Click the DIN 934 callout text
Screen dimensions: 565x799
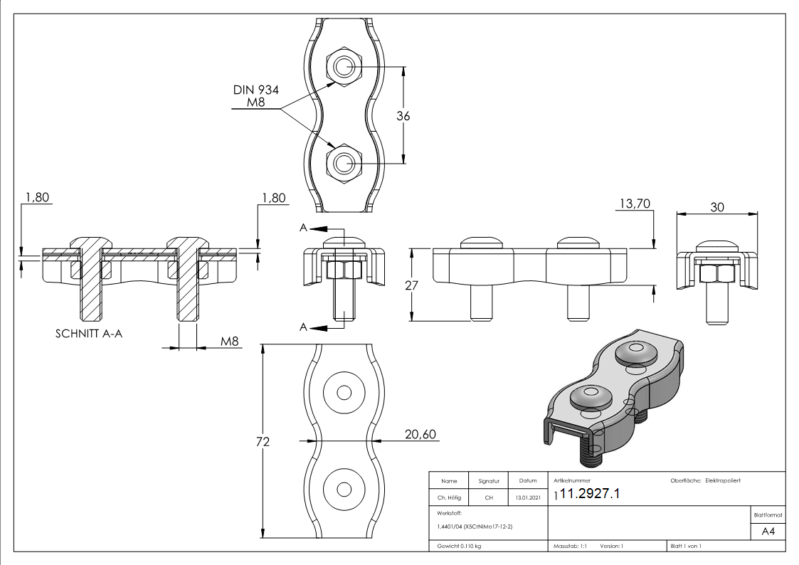(x=255, y=90)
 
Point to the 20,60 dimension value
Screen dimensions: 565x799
(x=420, y=435)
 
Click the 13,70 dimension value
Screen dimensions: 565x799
(x=635, y=204)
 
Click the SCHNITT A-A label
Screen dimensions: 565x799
(x=89, y=333)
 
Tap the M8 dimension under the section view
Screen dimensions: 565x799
(x=228, y=342)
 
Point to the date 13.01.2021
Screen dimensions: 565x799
(x=527, y=498)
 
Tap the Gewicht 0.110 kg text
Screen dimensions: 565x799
(x=459, y=546)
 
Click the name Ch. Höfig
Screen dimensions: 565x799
(x=448, y=498)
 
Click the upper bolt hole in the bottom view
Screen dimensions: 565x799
(x=344, y=394)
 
